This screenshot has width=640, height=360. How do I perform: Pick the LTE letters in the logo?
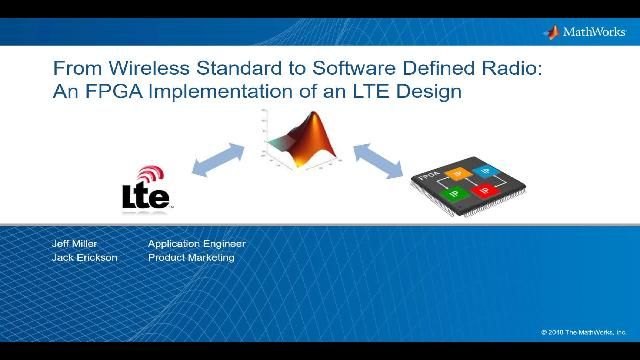145,195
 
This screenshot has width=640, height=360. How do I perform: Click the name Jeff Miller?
76,244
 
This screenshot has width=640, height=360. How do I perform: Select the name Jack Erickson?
84,258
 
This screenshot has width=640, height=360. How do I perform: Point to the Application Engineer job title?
196,244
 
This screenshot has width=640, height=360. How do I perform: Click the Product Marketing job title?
191,258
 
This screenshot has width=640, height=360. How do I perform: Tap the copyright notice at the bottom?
583,332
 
